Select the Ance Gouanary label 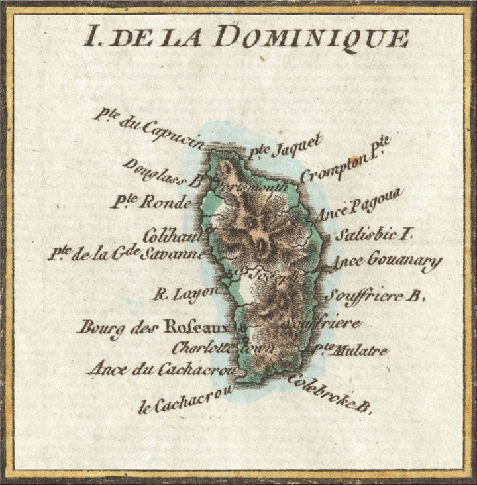coord(386,261)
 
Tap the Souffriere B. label coord(374,296)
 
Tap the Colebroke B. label coord(329,395)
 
